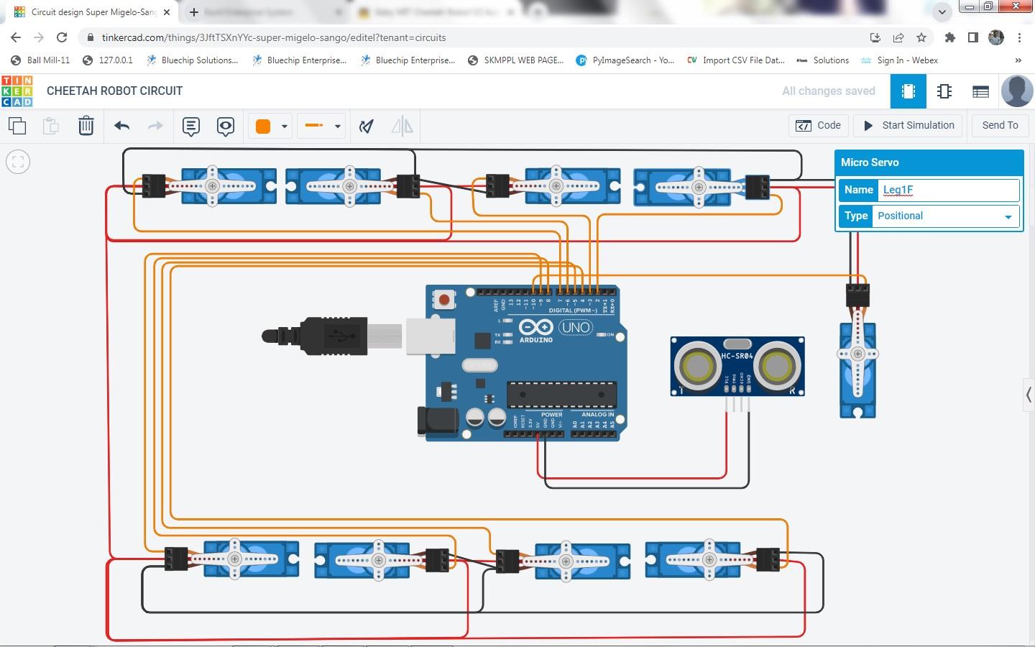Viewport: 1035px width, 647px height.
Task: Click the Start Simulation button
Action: [x=908, y=125]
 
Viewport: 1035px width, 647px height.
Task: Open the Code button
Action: [x=819, y=125]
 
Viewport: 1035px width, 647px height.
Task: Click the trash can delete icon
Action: [x=86, y=126]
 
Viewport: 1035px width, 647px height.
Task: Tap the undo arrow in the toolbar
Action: [x=121, y=126]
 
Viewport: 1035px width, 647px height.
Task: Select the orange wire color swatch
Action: [x=263, y=127]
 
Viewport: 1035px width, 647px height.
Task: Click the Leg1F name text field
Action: [x=949, y=190]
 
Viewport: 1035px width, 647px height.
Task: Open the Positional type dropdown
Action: [x=944, y=216]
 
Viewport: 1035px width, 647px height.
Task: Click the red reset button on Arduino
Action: [x=444, y=299]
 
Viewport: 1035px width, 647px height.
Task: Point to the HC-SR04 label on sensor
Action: [x=737, y=356]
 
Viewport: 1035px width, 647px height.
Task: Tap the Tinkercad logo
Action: [x=17, y=91]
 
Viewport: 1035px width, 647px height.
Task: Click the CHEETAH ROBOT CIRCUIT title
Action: [x=114, y=91]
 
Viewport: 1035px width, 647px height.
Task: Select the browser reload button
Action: [x=62, y=37]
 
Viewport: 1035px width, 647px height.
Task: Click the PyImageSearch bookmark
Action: [x=625, y=60]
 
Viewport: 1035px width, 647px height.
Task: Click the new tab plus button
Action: [x=193, y=12]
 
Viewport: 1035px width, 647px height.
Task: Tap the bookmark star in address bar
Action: [x=921, y=37]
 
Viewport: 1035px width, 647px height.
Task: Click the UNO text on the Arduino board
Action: [x=576, y=327]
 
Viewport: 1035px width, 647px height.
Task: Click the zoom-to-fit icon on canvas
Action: [x=18, y=162]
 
